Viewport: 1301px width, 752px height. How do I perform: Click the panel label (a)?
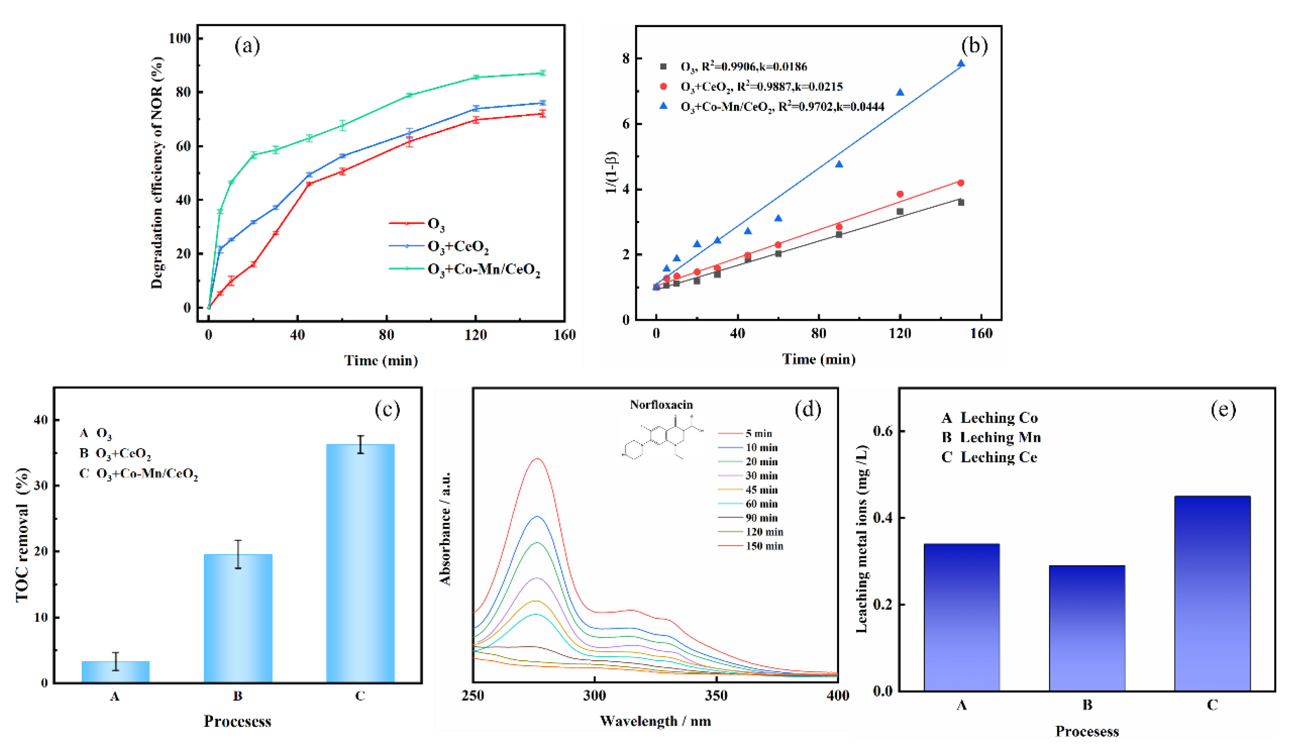click(247, 46)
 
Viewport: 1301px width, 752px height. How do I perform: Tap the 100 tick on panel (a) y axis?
click(180, 38)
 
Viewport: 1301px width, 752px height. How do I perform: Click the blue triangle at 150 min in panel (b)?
click(961, 64)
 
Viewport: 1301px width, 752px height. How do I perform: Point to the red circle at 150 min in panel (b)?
click(961, 183)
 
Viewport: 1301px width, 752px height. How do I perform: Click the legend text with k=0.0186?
click(743, 67)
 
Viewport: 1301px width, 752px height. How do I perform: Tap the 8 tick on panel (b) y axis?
click(626, 58)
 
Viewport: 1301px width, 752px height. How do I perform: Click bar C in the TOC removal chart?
click(360, 563)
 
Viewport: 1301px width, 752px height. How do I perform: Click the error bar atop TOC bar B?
click(238, 554)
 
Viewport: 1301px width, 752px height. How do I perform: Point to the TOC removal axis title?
click(22, 535)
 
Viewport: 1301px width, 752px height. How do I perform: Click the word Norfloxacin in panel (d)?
click(661, 405)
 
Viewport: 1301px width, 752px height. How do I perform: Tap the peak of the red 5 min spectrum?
click(537, 459)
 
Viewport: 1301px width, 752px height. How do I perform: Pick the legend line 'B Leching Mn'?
click(991, 438)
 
